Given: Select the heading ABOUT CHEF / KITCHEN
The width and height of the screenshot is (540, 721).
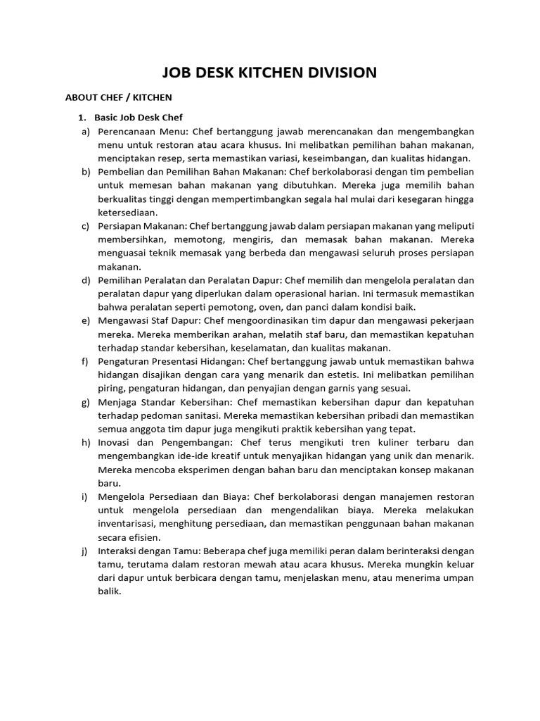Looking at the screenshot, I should (x=118, y=97).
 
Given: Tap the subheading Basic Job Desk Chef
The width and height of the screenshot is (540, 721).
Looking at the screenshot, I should (x=139, y=118).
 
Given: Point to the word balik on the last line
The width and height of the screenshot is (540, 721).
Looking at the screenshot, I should (x=110, y=591).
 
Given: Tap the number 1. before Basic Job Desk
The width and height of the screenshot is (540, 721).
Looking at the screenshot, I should (x=81, y=118).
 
